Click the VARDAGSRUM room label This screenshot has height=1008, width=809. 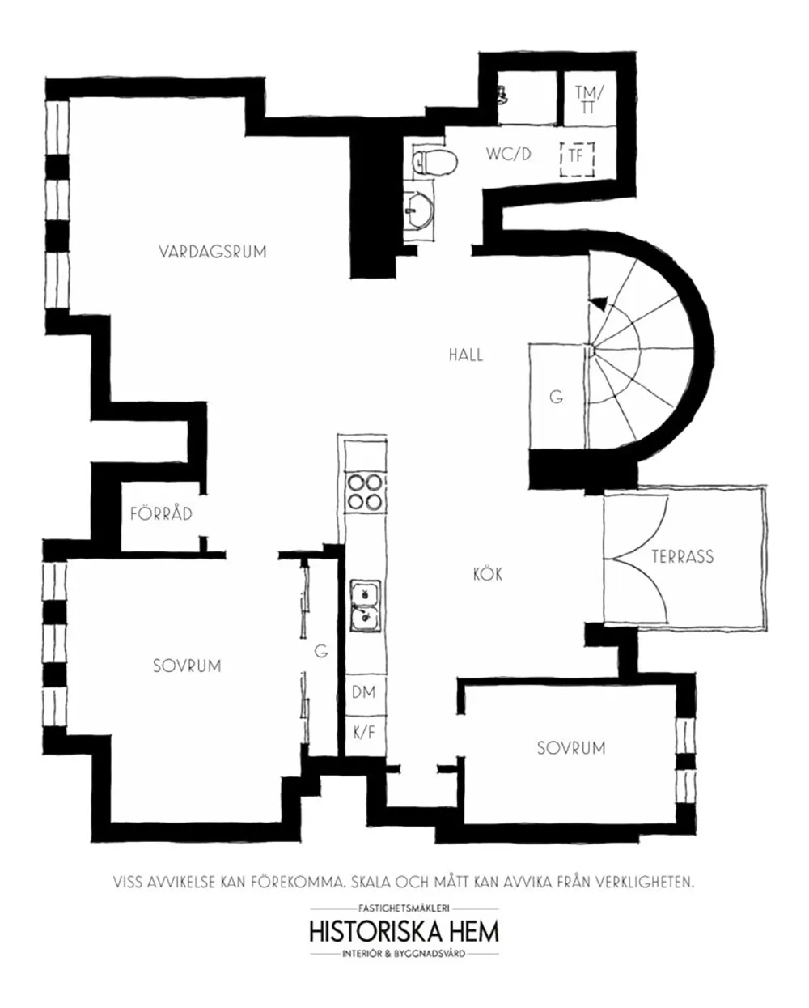coord(213,252)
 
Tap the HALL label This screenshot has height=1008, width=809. coord(466,355)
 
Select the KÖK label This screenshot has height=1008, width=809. coord(488,574)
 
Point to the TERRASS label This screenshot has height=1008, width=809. coord(683,556)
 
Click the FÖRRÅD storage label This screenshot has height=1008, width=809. coord(161,513)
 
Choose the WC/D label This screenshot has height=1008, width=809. coord(509,154)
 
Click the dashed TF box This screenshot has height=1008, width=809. coord(577,156)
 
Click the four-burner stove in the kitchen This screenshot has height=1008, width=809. coord(364,491)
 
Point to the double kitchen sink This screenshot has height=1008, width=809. coord(365,606)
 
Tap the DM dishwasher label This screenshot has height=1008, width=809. coord(364,693)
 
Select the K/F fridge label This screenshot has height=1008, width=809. coord(364,733)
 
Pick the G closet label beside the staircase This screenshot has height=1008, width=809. coord(556,398)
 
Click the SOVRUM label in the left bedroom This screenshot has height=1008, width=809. coord(187,666)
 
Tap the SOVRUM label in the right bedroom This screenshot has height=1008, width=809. coord(571,748)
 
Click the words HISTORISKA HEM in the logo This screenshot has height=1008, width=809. coord(404,930)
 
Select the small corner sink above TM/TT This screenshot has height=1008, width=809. coord(503,93)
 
